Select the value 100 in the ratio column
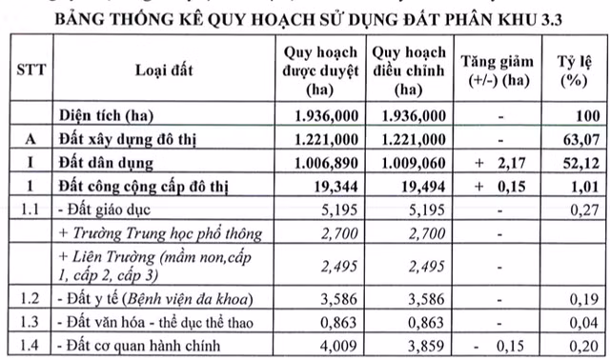[587, 115]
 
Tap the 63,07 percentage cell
[582, 139]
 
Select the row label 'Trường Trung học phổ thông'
[152, 232]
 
